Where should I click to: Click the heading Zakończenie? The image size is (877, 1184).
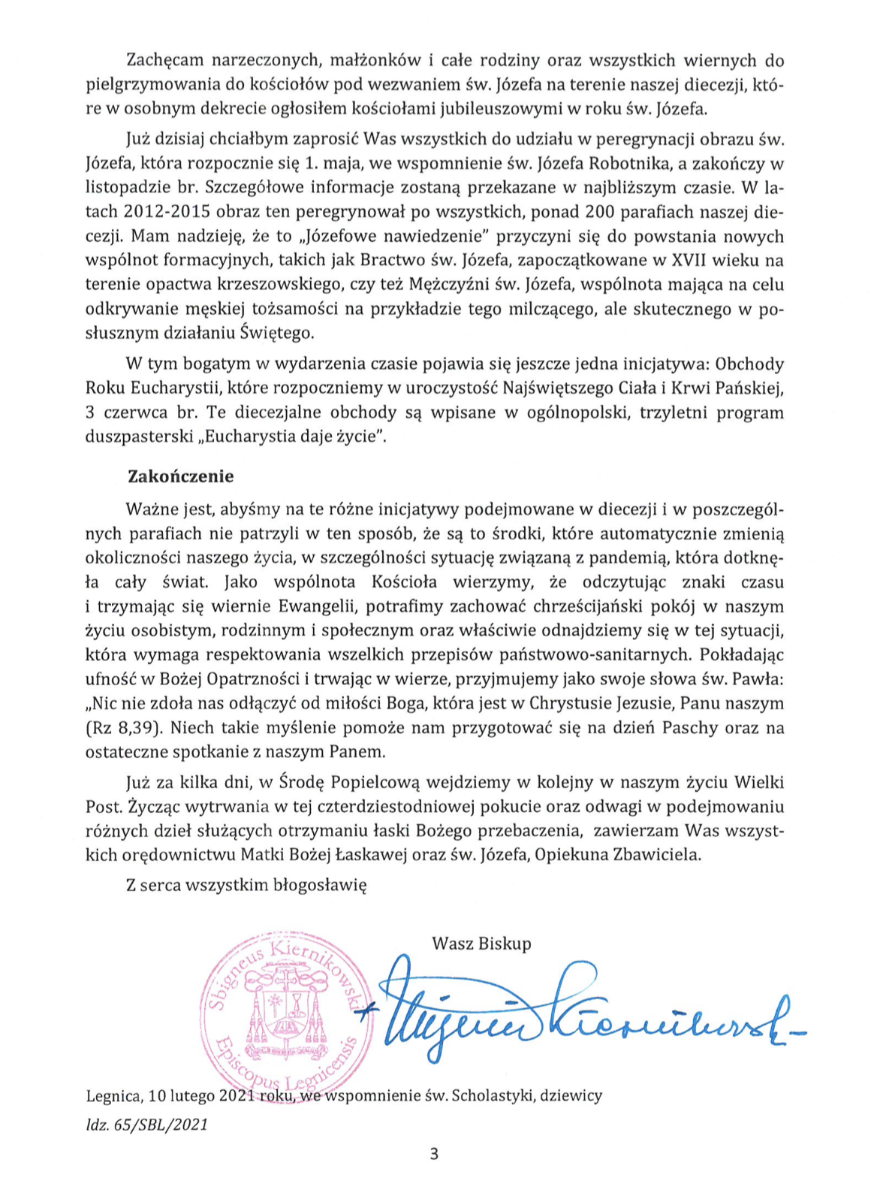point(181,476)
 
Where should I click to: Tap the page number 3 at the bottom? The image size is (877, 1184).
point(434,1154)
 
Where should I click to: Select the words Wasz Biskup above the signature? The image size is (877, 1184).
point(481,944)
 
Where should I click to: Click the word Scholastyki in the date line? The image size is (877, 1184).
point(490,1096)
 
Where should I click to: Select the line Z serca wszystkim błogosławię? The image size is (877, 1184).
point(246,885)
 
